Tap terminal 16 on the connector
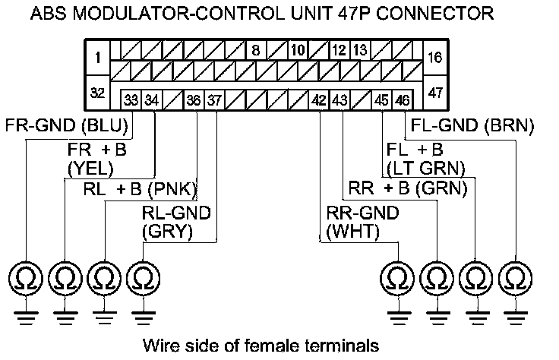coord(434,56)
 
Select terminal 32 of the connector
coord(96,93)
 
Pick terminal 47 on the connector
coord(434,93)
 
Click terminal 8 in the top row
coord(256,52)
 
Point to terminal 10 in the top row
coord(297,52)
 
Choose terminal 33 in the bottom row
coord(131,99)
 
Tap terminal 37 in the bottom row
coord(214,99)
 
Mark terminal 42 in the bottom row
coord(318,99)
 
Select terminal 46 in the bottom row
coord(402,99)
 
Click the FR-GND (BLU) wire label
coord(67,125)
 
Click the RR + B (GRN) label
coord(407,187)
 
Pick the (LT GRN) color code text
coord(425,167)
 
